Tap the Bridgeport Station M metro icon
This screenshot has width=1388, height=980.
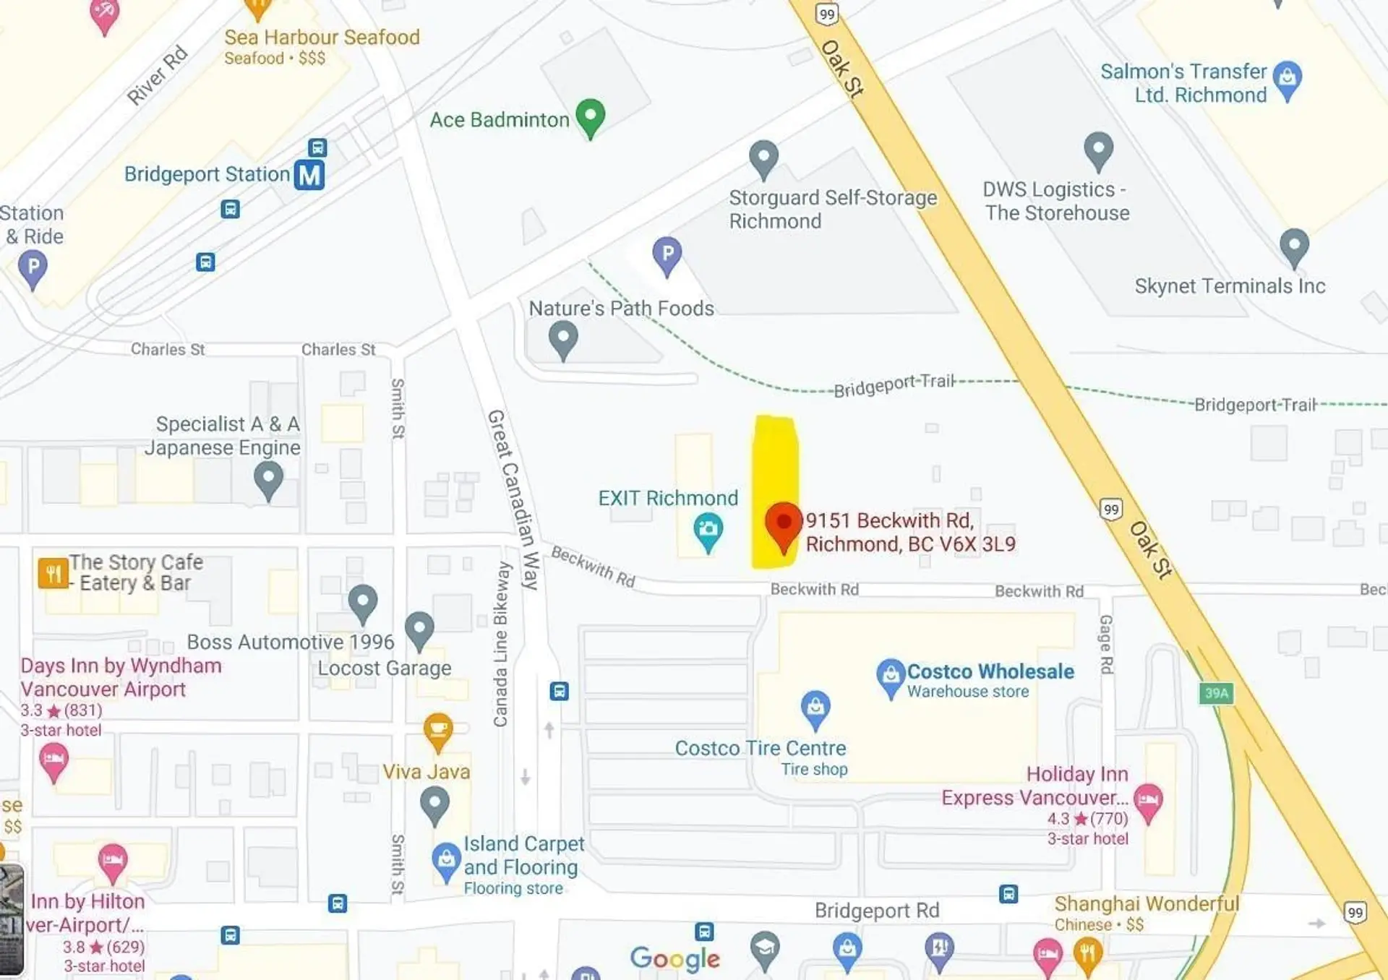coord(309,175)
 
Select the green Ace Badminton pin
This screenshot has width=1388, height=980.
coord(591,116)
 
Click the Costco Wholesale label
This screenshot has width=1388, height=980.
coord(990,672)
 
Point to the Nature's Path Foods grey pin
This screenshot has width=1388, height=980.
coord(563,338)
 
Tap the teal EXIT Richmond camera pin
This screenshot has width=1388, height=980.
coord(708,530)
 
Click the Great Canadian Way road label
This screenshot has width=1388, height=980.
coord(514,499)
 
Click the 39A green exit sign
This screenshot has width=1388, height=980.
coord(1216,693)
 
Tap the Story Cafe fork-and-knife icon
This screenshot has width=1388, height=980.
coord(53,574)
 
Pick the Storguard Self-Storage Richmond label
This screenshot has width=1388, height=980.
coord(832,209)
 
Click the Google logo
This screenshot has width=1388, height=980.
coord(675,958)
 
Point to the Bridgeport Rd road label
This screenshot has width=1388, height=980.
coord(877,911)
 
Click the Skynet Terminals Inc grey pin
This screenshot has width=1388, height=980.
coord(1294,246)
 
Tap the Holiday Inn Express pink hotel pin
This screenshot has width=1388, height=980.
coord(1148,801)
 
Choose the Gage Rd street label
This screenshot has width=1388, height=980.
coord(1106,644)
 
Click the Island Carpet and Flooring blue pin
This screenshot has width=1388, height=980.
coord(446,860)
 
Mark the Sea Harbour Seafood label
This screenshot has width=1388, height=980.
coord(322,38)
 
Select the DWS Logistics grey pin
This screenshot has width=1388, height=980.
coord(1098,149)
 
